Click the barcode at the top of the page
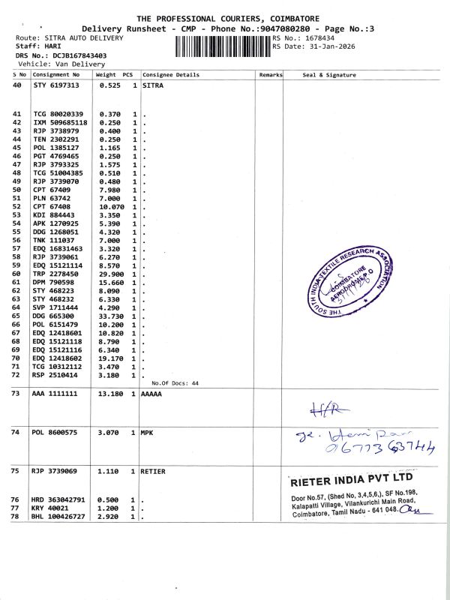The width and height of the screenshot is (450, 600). click(223, 46)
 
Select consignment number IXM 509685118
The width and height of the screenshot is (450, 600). click(60, 122)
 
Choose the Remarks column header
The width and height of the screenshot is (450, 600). click(270, 75)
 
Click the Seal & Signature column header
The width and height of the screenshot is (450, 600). click(329, 75)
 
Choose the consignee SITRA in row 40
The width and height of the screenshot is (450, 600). click(152, 85)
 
